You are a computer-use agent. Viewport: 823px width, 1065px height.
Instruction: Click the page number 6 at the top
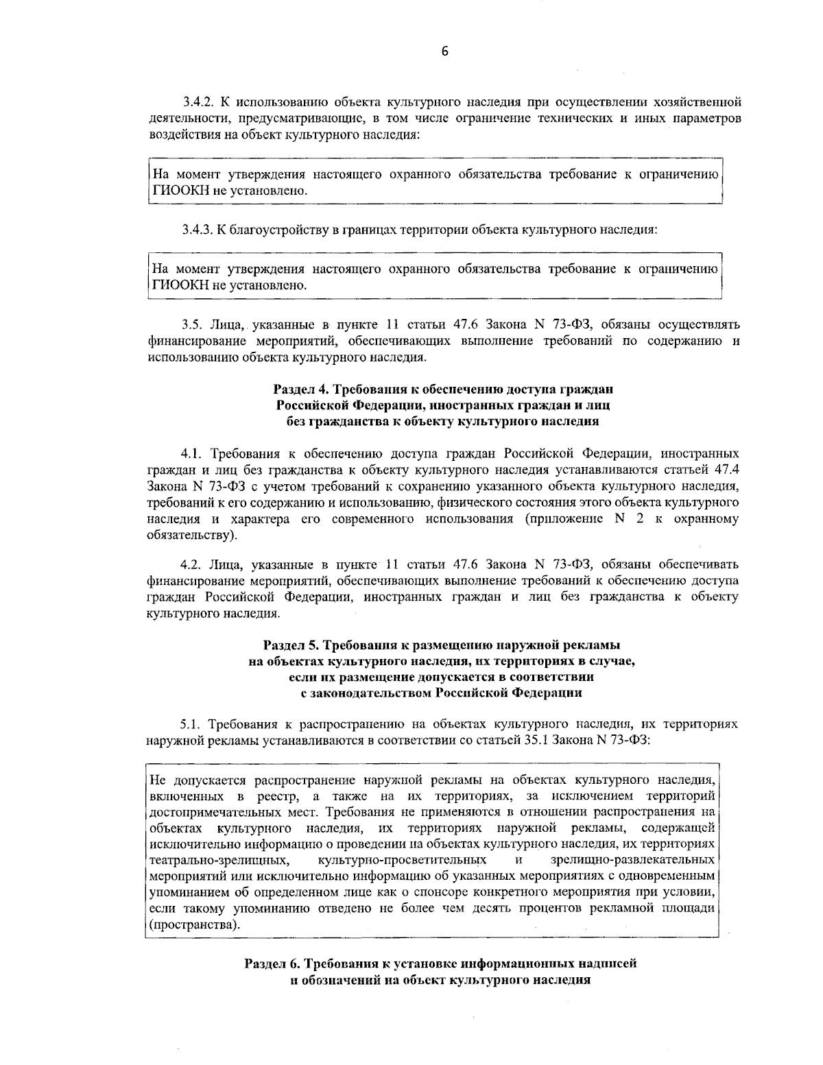pyautogui.click(x=444, y=51)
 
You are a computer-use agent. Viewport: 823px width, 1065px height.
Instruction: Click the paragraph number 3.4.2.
pyautogui.click(x=198, y=103)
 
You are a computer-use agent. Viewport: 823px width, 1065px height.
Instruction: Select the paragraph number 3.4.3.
pyautogui.click(x=198, y=229)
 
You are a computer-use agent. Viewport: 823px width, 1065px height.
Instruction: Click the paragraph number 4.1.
pyautogui.click(x=190, y=454)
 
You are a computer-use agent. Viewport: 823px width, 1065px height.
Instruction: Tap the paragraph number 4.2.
pyautogui.click(x=190, y=565)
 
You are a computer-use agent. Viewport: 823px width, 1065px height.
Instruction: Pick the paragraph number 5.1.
pyautogui.click(x=189, y=724)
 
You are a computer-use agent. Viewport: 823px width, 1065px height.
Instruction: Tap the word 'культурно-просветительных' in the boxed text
pyautogui.click(x=403, y=860)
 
